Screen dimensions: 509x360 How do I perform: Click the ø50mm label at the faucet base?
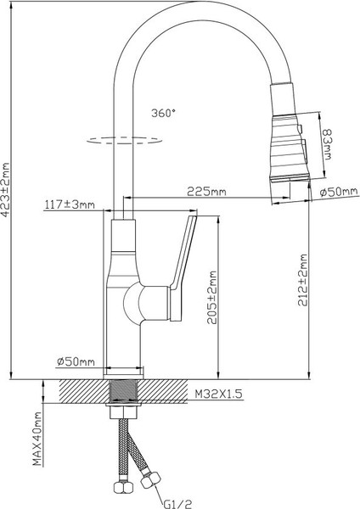75,362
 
